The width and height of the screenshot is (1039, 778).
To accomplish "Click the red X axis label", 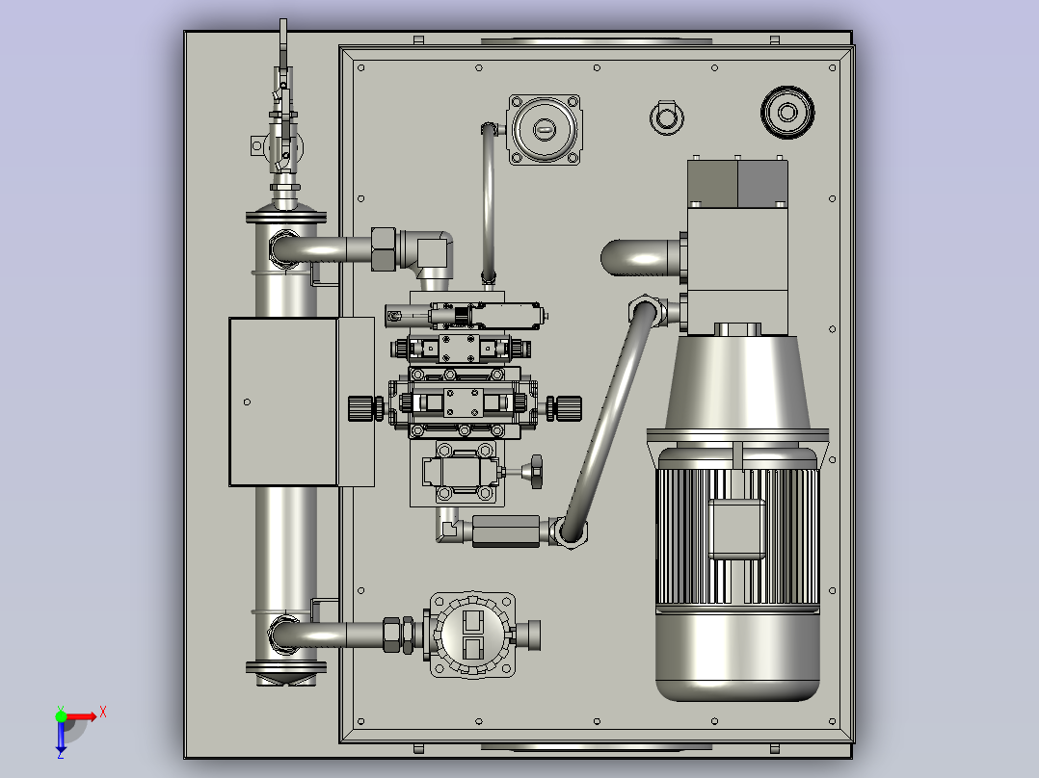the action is click(103, 713).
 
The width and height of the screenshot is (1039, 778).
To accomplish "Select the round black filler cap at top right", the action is click(787, 112).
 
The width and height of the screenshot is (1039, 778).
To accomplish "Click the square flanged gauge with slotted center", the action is click(544, 129).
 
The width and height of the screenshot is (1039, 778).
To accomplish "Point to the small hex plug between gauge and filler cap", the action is click(667, 117).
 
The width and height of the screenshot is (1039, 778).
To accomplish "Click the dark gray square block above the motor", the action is click(762, 183).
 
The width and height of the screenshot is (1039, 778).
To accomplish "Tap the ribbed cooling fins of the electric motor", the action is click(736, 536).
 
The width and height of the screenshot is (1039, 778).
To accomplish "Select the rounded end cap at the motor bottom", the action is click(736, 656).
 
